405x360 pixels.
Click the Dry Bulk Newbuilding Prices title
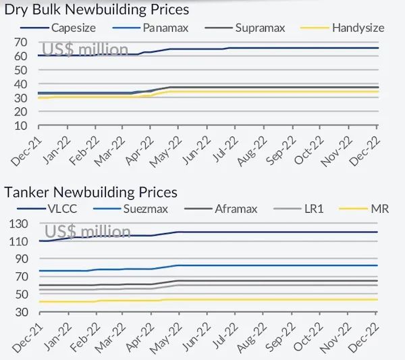click(x=97, y=9)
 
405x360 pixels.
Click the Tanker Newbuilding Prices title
click(x=91, y=192)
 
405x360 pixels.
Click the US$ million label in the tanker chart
click(x=87, y=232)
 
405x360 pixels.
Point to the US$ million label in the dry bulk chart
click(x=85, y=49)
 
